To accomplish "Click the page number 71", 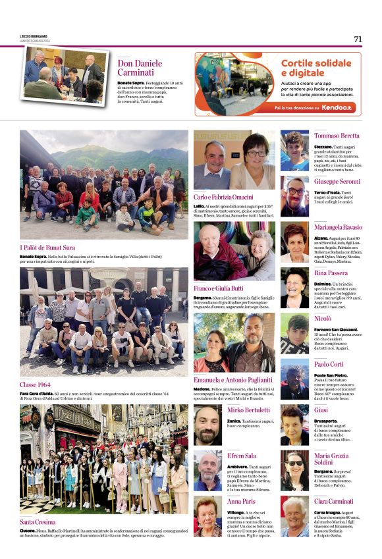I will pos(358,39).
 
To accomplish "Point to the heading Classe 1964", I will pos(35,385).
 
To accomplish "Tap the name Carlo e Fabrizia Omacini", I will pos(223,198).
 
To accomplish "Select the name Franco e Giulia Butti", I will pos(219,288).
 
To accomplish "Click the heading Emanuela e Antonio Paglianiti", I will pos(233,380).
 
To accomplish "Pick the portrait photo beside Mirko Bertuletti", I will pos(207,425).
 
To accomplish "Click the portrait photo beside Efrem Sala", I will pos(207,470).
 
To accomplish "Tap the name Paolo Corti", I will pos(329,364).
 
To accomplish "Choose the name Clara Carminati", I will pos(333,502).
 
